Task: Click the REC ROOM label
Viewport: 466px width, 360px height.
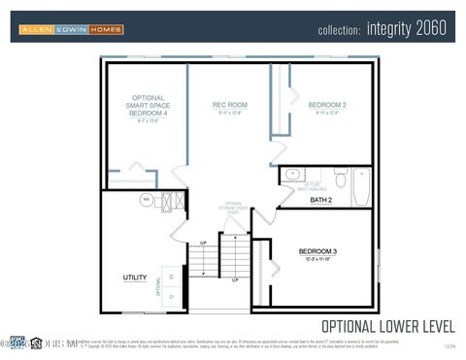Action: pos(230,105)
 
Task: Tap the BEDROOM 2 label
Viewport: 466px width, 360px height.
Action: pos(327,105)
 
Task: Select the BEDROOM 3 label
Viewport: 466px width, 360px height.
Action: pos(317,251)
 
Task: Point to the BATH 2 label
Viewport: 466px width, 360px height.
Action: pos(321,200)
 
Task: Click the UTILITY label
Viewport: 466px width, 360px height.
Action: pos(134,278)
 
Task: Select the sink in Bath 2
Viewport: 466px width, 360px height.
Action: pos(292,175)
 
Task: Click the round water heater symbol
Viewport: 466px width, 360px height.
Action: pos(147,200)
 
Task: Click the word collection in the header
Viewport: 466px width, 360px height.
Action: pos(340,30)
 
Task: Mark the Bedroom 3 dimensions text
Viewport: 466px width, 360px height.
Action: pos(317,260)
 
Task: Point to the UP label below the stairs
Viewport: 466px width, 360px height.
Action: pos(235,279)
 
